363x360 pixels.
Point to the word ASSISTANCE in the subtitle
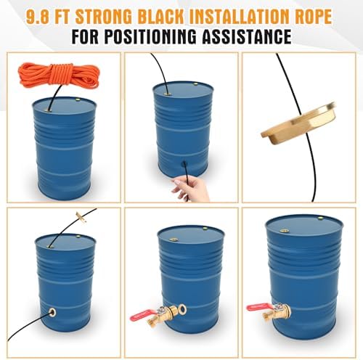[x=247, y=37]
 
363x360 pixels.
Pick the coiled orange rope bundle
[x=60, y=75]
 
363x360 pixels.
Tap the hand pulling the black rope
[x=192, y=189]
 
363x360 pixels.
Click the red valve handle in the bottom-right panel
[x=259, y=307]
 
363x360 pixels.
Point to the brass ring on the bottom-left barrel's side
[x=52, y=312]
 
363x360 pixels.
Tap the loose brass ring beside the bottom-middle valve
[x=182, y=310]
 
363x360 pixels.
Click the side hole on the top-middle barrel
[x=184, y=164]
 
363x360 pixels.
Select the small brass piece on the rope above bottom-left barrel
[x=81, y=216]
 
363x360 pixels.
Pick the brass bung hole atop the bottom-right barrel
[x=285, y=231]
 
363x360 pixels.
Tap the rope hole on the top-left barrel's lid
[x=48, y=110]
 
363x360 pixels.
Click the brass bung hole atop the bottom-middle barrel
[x=174, y=240]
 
